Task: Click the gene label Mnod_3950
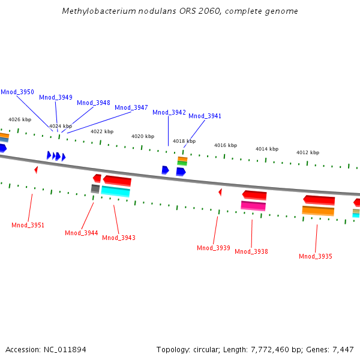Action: [x=17, y=92]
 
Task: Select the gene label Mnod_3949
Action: [x=56, y=97]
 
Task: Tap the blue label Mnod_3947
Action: [x=131, y=107]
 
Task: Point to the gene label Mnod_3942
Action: [x=169, y=112]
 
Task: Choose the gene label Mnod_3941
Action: [x=205, y=116]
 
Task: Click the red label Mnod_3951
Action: [x=28, y=225]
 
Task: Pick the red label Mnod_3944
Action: [x=82, y=233]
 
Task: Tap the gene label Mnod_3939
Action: [x=214, y=248]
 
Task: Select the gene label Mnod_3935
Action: [x=316, y=256]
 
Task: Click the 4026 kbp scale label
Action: [x=19, y=120]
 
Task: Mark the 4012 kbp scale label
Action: [x=308, y=152]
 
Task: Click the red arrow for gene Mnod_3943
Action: [x=116, y=180]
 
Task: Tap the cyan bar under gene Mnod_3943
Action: [x=115, y=191]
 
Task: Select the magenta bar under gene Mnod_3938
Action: [x=253, y=206]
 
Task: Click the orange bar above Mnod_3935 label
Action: [x=318, y=211]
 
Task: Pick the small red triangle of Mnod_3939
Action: [x=220, y=192]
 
